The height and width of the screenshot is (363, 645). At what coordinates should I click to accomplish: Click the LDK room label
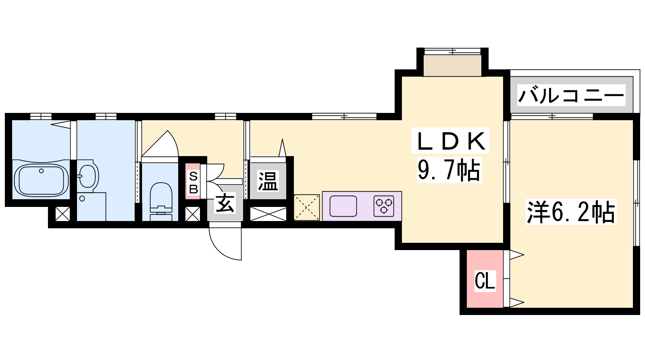coord(450,141)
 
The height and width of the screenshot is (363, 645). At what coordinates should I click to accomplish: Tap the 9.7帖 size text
coord(449,170)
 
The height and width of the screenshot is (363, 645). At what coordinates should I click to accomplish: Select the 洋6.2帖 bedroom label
coord(571,212)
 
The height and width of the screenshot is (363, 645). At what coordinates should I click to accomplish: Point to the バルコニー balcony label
coord(571,95)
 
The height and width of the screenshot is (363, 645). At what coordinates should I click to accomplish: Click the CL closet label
coord(485,281)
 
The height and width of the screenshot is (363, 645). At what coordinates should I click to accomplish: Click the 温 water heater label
coord(268,181)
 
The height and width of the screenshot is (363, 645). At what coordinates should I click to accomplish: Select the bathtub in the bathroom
coord(42,180)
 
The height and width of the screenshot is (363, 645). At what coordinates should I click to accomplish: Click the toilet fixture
coord(161,201)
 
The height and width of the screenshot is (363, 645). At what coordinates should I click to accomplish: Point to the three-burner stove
coord(384,206)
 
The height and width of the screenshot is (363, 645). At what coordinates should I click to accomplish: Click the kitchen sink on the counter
coord(343,206)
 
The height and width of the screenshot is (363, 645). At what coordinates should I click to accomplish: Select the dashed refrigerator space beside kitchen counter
coord(307,207)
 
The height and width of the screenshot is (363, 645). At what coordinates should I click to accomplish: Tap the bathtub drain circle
coord(42,171)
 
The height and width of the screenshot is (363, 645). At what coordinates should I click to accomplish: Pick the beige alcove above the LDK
coord(452,66)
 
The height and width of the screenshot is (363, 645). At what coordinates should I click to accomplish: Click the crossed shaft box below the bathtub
coord(62,214)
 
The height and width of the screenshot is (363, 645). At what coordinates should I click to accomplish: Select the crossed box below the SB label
coord(193,214)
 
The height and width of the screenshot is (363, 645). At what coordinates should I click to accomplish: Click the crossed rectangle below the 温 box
coord(268,214)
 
